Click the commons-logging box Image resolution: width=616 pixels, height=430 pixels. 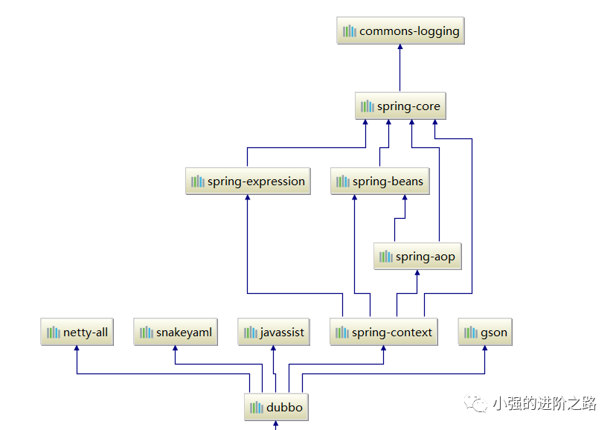tap(400, 31)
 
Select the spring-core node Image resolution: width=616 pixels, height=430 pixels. tap(400, 106)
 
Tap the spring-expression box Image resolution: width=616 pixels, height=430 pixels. tap(248, 182)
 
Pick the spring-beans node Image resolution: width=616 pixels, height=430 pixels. tap(380, 182)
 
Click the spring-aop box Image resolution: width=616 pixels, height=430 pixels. tap(417, 257)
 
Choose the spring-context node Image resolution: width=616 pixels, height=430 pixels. tap(384, 333)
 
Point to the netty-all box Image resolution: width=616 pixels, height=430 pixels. tap(77, 333)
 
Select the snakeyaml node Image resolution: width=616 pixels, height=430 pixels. tap(176, 333)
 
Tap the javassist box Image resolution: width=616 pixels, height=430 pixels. tap(274, 333)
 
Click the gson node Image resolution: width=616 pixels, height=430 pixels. tap(485, 333)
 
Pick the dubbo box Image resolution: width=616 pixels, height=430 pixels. tap(275, 408)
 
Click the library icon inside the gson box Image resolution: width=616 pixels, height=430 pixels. tap(471, 333)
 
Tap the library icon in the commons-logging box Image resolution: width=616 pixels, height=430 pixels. tap(349, 31)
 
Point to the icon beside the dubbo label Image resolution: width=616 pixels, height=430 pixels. tap(256, 408)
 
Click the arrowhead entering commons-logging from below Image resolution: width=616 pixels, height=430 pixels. tap(400, 48)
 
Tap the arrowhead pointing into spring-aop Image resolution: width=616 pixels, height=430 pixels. tap(417, 273)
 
